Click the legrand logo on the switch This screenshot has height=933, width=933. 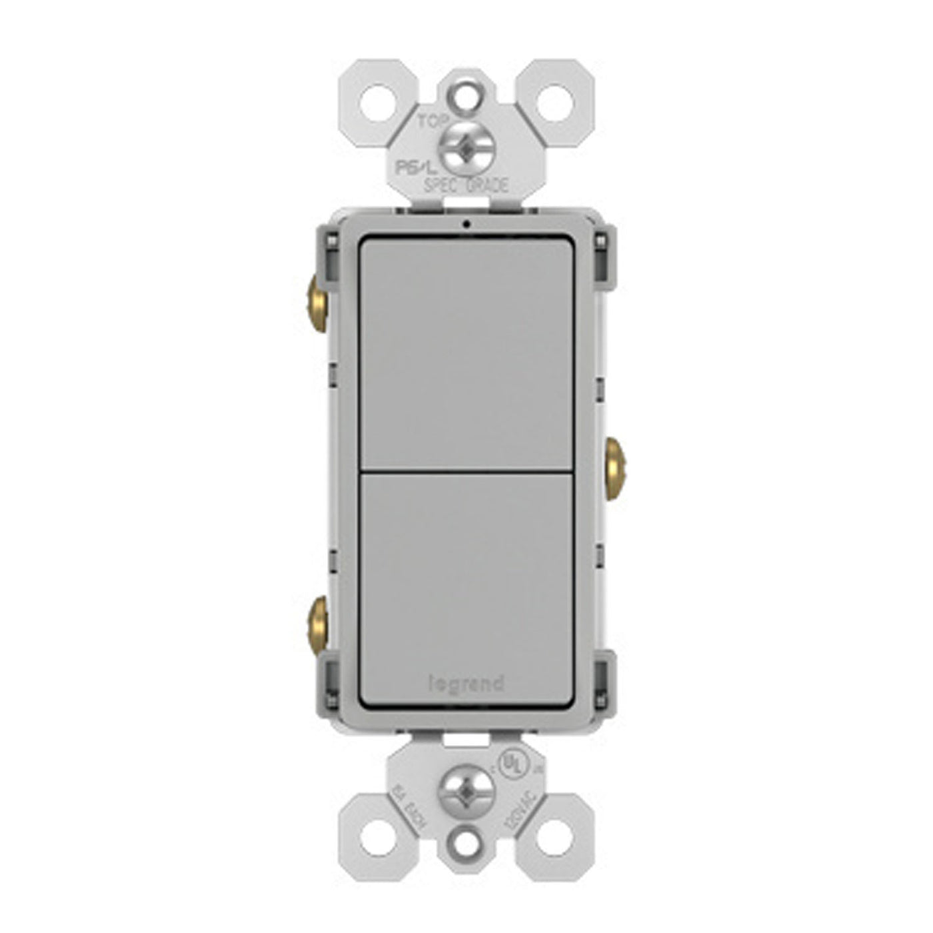click(x=465, y=684)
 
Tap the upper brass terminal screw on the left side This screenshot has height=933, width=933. click(x=316, y=294)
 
